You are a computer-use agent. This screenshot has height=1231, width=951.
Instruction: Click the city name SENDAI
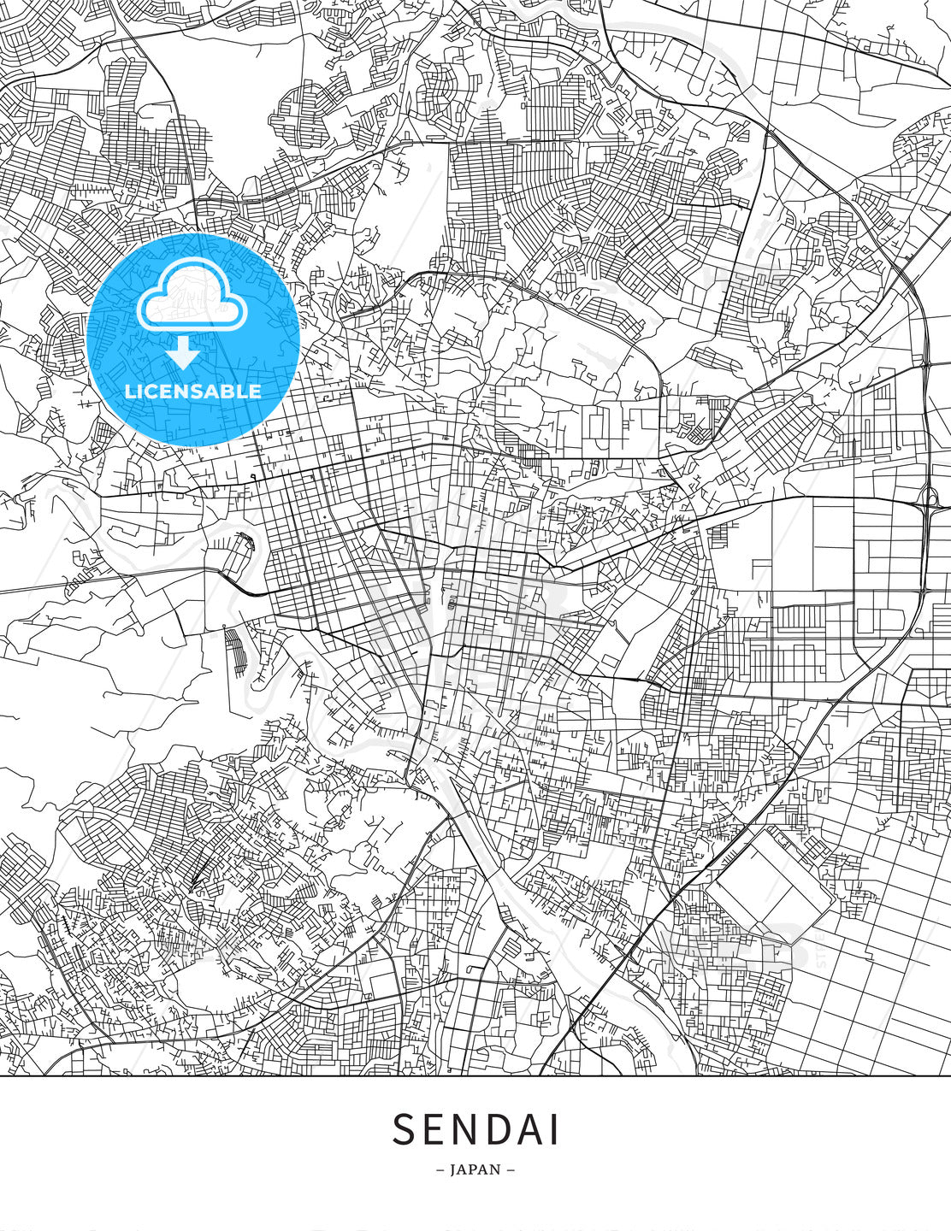(475, 1129)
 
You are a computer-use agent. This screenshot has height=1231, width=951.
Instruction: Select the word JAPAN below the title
(475, 1169)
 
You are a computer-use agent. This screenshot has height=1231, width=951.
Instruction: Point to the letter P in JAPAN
(475, 1169)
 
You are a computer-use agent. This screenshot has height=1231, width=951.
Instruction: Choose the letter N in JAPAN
(499, 1169)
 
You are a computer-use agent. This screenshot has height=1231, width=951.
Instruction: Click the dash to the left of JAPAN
(440, 1169)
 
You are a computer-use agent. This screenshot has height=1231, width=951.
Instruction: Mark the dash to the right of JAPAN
(511, 1169)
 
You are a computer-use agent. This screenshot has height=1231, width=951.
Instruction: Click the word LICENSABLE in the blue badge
(193, 392)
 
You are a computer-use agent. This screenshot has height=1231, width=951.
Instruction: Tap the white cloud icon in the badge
(192, 295)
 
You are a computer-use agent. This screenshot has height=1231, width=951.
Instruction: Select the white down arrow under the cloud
(183, 351)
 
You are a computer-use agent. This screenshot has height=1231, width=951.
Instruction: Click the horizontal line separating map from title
(475, 1076)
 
